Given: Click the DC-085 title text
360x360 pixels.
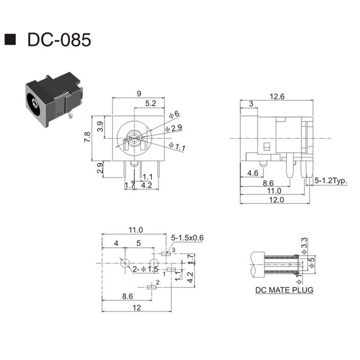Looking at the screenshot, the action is pos(59,40).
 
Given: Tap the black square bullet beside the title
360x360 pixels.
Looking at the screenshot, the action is pos(10,39).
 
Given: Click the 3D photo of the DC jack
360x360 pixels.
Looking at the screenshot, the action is pos(54,99).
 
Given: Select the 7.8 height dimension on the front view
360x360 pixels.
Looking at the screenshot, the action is pos(87,137).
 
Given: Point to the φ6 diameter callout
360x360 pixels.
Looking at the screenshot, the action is pos(174,114).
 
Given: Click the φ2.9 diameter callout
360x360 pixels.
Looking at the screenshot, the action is pos(174,128).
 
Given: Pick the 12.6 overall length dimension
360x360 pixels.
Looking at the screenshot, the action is pos(277,96).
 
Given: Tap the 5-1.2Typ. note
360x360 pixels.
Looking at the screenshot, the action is pos(331,180).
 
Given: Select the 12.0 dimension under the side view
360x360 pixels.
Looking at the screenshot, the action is pos(276,200).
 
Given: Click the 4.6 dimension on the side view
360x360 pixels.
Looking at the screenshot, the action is pos(252,173).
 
